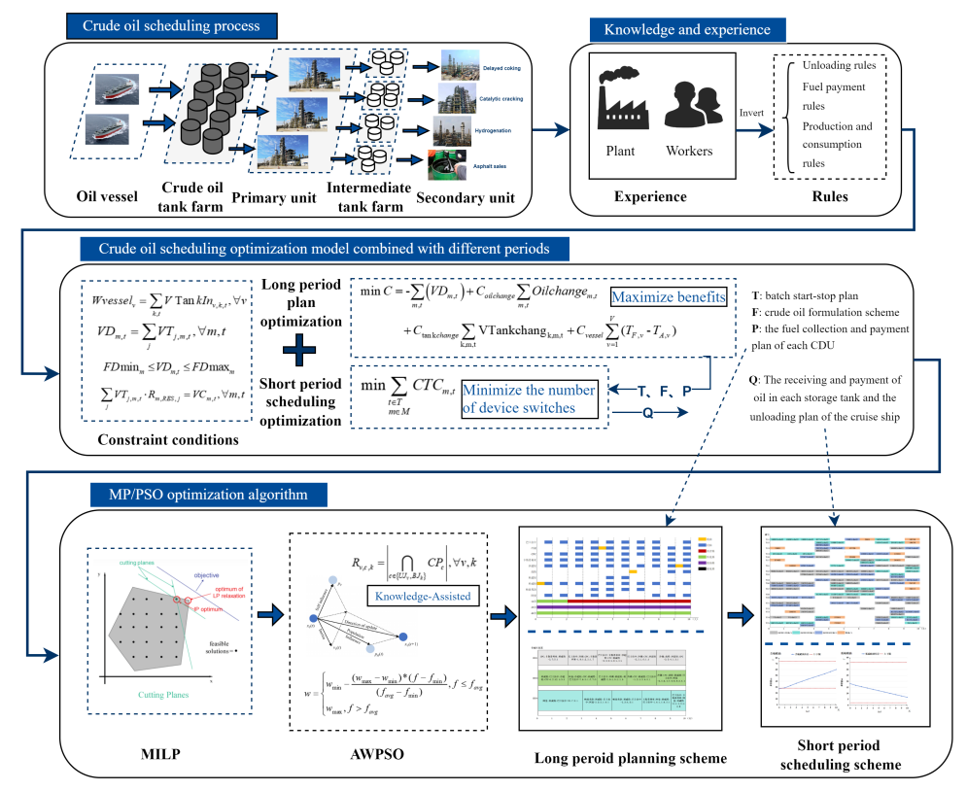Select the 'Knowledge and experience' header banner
point(687,29)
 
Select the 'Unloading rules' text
point(839,66)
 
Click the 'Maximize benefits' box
point(668,295)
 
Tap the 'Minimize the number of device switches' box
point(529,399)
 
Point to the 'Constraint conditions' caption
point(167,440)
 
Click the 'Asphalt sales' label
point(491,166)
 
